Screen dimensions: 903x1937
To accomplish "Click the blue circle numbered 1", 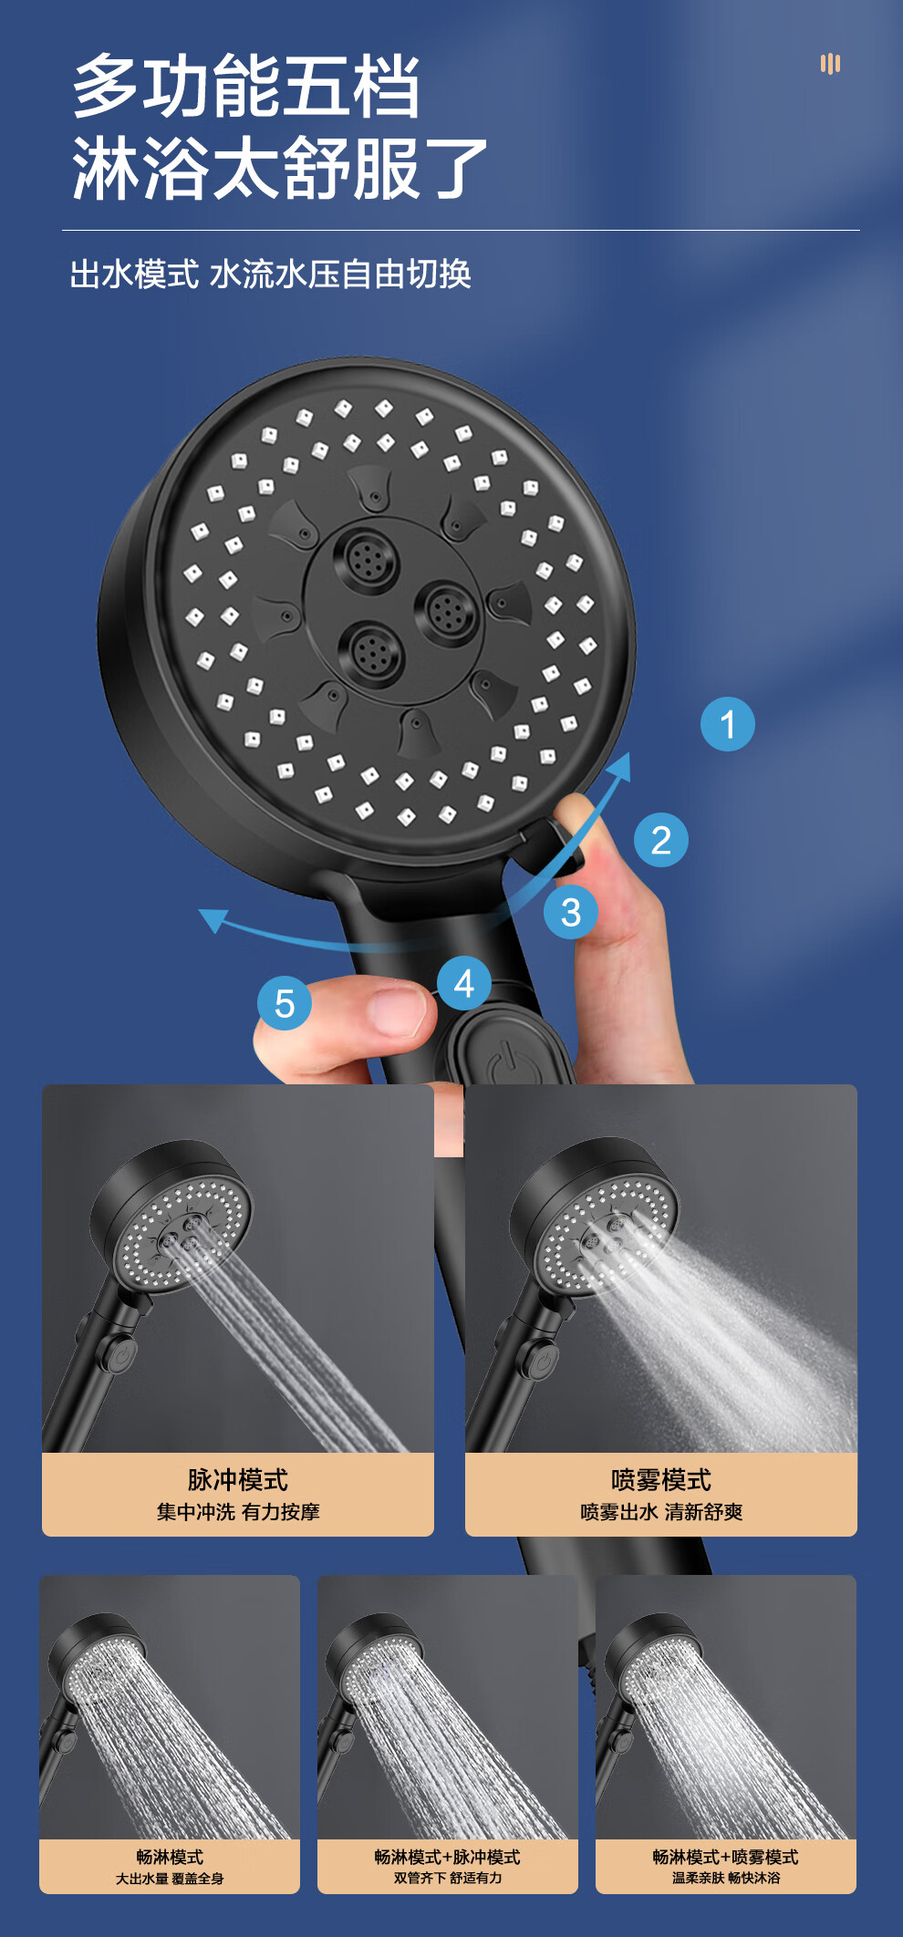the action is [727, 724].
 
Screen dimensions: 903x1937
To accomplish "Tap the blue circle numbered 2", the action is [660, 839].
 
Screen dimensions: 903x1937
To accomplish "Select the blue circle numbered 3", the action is [571, 912].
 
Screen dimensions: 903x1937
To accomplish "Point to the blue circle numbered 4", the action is [463, 983].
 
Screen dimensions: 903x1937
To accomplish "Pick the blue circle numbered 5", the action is [285, 1003].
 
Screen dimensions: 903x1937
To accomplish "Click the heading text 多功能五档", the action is [246, 86].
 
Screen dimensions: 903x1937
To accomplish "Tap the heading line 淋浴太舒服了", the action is [280, 168].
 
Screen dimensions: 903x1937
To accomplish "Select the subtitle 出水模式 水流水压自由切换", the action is [271, 274].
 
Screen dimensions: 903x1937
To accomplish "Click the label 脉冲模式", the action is [238, 1479].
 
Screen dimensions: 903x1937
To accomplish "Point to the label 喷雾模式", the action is [661, 1479].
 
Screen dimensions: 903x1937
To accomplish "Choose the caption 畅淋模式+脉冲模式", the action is [448, 1857].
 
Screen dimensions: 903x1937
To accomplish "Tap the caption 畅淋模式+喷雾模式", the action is [726, 1857].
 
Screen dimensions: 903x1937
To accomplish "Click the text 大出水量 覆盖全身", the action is [170, 1879].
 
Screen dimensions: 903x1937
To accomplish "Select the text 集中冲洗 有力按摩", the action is [238, 1512].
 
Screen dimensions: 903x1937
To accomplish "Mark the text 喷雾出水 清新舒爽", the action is [661, 1512].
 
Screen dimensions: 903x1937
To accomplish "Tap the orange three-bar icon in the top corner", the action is [830, 64].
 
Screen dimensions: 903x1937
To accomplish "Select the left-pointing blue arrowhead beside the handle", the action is [213, 919].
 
